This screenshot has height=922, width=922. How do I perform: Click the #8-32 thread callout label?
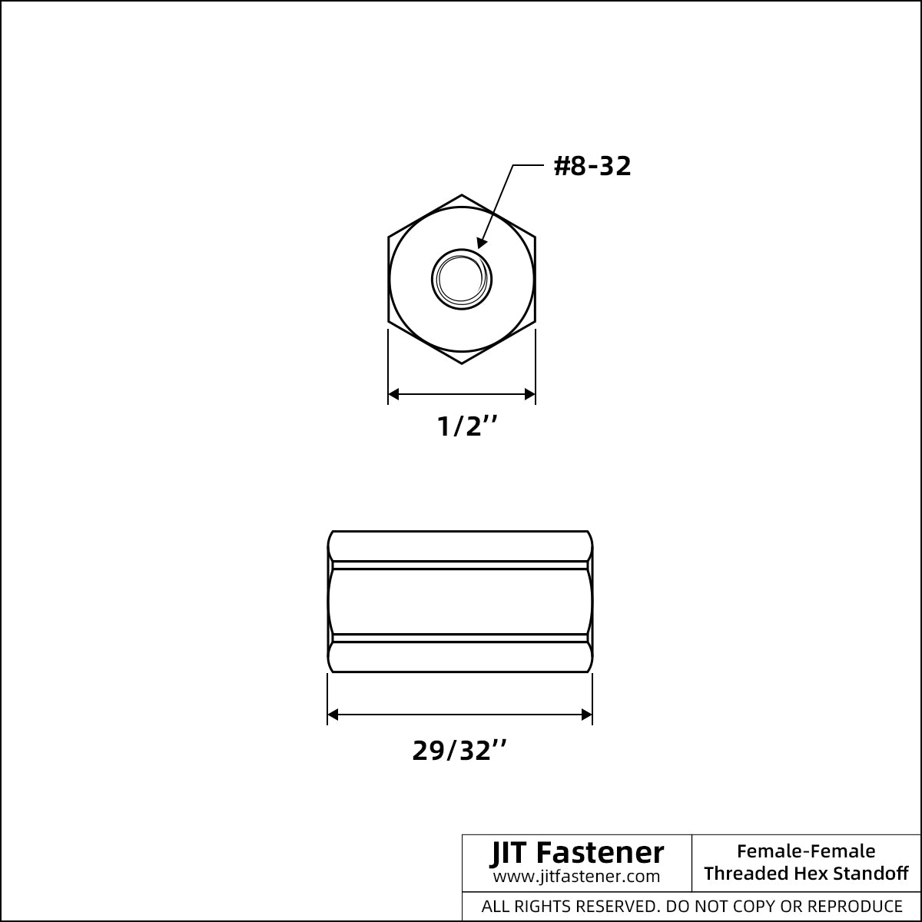point(592,166)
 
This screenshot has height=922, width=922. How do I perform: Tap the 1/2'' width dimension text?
point(467,426)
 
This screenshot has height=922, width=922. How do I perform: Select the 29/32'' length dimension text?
point(459,750)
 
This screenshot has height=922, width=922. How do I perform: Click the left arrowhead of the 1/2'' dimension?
point(393,394)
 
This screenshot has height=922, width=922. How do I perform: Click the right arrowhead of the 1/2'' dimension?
point(529,394)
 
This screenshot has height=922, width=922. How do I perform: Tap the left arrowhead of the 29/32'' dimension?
point(333,715)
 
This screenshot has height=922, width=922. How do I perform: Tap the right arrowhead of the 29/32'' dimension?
point(586,715)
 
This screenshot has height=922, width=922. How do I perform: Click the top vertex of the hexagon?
point(462,194)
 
